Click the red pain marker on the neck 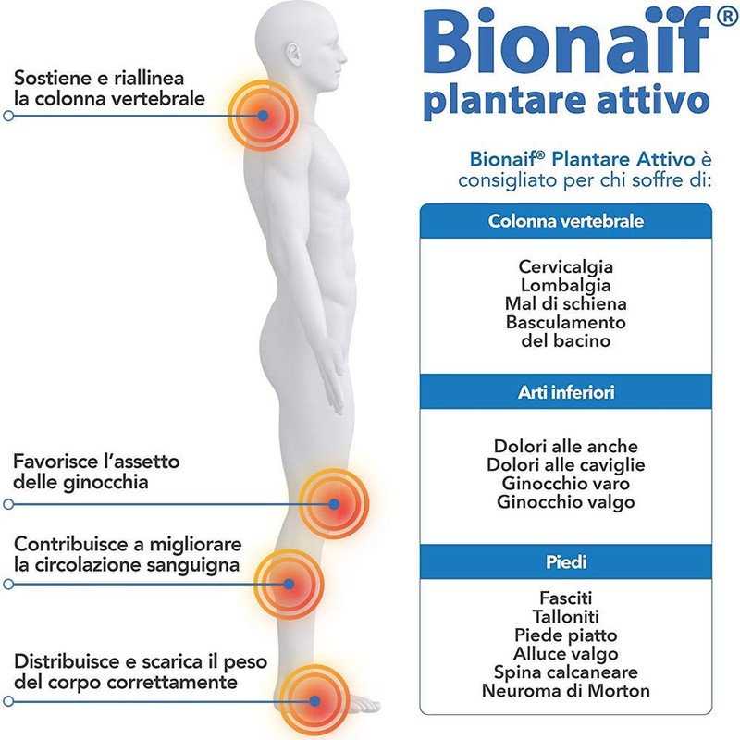click(x=264, y=116)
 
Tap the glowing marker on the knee click(x=335, y=504)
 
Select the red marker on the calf click(x=289, y=584)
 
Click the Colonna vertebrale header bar click(x=566, y=222)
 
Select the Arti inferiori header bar click(x=566, y=393)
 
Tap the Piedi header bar click(x=566, y=561)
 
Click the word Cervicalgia click(x=566, y=266)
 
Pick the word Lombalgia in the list click(x=566, y=285)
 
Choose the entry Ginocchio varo click(x=566, y=484)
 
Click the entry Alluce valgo click(x=566, y=653)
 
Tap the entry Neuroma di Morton click(x=566, y=690)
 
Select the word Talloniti click(x=566, y=616)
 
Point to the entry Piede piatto click(x=566, y=635)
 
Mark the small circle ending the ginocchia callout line click(x=8, y=504)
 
